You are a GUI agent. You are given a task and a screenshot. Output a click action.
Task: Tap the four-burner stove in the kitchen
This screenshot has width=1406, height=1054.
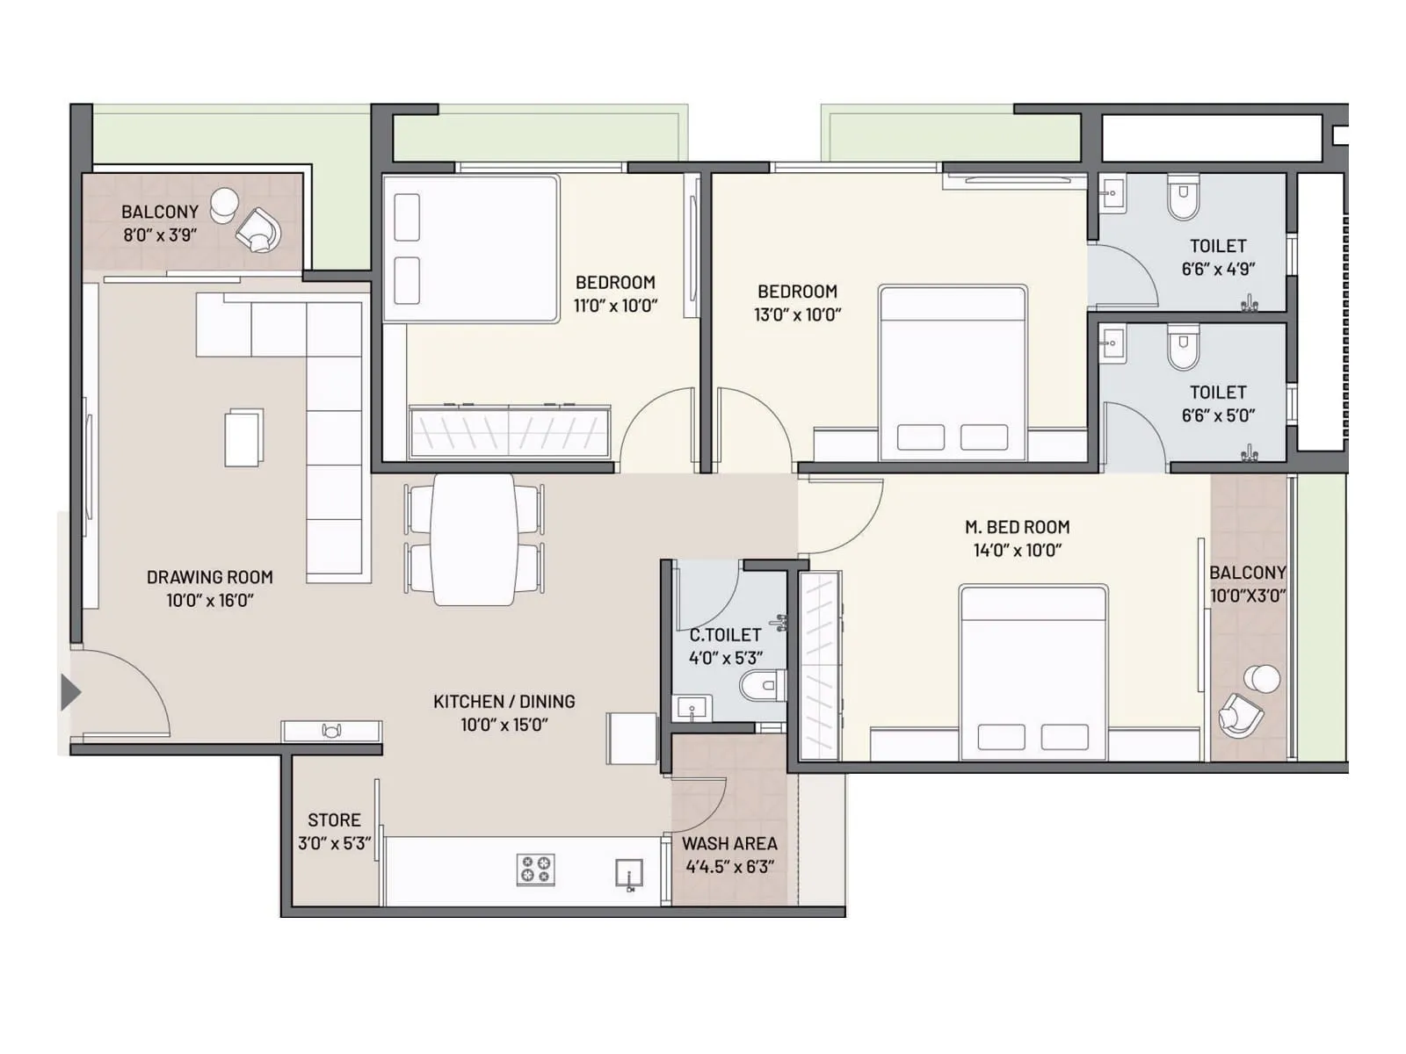click(535, 870)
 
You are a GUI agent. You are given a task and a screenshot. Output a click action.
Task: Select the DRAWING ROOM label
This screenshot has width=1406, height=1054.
click(209, 577)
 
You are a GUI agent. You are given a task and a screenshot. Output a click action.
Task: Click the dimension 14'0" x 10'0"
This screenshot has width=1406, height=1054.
click(1018, 551)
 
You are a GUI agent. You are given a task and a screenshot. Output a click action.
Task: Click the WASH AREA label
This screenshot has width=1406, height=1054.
click(729, 843)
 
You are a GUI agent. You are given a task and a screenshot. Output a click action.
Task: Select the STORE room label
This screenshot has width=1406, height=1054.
click(334, 819)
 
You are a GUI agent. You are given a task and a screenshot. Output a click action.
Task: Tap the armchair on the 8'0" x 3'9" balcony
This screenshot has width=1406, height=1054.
click(259, 230)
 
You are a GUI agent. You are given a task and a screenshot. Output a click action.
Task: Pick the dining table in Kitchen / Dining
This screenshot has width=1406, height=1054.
click(474, 539)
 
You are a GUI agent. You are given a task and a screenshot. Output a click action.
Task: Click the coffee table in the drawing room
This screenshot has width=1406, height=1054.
click(243, 437)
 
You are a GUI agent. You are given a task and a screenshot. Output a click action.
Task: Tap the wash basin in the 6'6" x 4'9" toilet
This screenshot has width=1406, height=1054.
click(1112, 192)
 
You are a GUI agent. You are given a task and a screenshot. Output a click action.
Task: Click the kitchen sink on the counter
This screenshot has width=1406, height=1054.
click(629, 874)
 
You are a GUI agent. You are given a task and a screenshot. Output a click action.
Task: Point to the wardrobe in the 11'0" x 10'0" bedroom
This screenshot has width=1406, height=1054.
click(510, 431)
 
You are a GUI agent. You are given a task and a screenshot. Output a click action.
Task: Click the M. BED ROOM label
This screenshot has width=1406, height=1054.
click(1018, 527)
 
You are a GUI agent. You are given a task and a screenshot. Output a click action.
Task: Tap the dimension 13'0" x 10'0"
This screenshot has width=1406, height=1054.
click(797, 314)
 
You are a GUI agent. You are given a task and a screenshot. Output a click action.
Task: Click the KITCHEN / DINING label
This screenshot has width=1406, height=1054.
click(504, 701)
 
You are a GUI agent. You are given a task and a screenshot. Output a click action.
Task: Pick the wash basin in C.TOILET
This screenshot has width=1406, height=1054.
click(692, 707)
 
